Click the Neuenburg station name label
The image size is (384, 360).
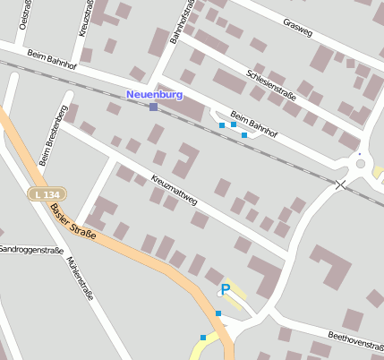pos(154,94)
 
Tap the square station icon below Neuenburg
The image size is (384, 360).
pos(154,107)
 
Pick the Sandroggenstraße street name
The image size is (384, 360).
pos(30,249)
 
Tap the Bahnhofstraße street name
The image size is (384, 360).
pos(182,21)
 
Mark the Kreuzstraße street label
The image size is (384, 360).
pos(86,17)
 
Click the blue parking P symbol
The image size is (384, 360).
pos(226,288)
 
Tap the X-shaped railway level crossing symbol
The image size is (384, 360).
pos(340,184)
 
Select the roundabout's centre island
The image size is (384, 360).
pos(361,164)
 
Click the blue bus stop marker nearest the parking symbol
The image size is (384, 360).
pos(218,313)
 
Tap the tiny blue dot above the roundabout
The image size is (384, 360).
pos(360,154)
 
